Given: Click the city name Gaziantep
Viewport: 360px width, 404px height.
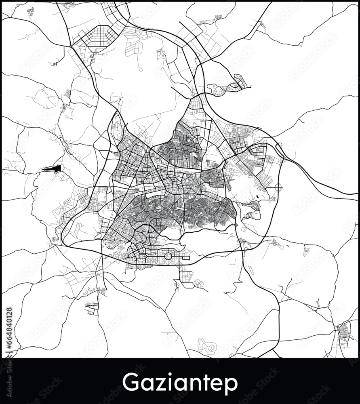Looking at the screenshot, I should [x=180, y=382].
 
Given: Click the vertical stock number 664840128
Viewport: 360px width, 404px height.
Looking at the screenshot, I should [x=9, y=329].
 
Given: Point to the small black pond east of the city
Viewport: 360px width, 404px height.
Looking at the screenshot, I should [x=257, y=197].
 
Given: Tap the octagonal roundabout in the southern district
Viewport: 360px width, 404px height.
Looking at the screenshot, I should [x=168, y=256].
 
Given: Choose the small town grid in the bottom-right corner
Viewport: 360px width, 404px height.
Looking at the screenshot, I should [x=344, y=335].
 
